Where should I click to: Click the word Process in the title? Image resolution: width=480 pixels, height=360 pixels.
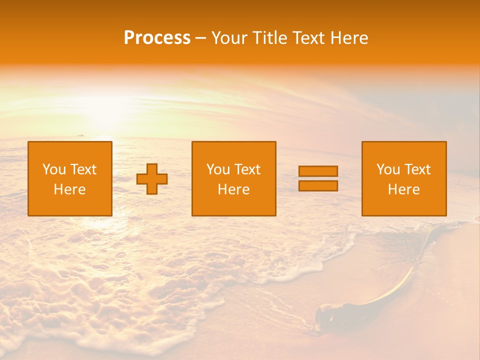(157, 38)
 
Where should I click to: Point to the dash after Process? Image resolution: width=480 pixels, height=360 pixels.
(201, 38)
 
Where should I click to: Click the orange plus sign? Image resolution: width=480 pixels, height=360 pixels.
(152, 179)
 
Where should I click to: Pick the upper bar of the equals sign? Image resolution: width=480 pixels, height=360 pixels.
(318, 171)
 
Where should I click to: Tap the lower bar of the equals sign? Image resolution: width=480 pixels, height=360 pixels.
(318, 186)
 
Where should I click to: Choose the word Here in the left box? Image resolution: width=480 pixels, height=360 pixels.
(69, 189)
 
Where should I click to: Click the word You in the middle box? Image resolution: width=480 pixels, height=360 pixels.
(217, 169)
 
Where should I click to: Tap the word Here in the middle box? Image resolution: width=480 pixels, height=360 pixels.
(233, 189)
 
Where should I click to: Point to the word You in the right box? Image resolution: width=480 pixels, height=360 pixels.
(387, 169)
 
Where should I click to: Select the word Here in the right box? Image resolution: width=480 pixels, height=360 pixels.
(403, 189)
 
